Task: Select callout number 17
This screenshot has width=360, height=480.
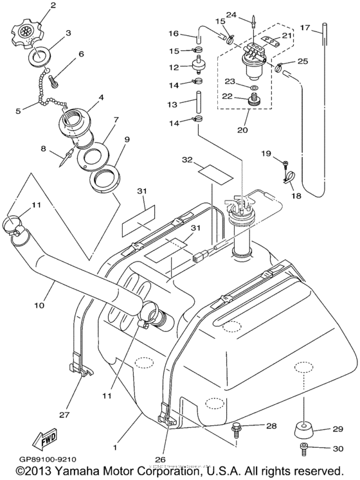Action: point(323,28)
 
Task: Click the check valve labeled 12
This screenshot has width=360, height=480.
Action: point(197,65)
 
